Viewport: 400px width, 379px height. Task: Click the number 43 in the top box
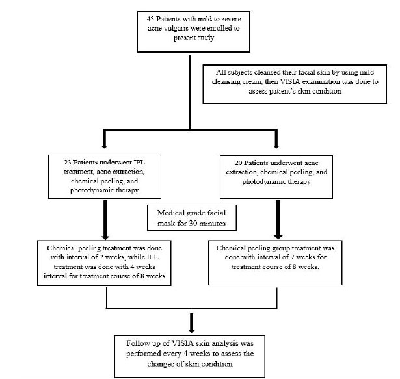click(150, 19)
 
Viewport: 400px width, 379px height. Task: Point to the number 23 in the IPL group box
click(68, 163)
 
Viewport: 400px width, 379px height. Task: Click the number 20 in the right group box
click(238, 163)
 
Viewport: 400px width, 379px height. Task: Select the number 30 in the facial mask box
click(193, 224)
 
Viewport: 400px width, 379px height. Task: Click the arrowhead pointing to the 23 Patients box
click(104, 146)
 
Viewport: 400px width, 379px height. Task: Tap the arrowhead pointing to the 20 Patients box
click(276, 146)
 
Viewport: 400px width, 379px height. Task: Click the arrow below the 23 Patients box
click(105, 220)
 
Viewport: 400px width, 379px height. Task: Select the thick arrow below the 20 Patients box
click(278, 220)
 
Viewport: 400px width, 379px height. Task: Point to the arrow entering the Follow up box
click(192, 323)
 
